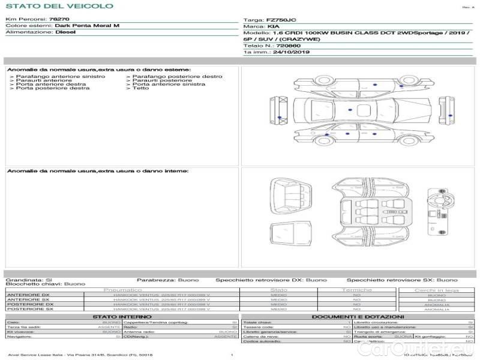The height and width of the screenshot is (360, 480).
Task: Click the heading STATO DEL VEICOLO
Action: pos(58,6)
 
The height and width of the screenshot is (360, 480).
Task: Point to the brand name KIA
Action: pos(273,27)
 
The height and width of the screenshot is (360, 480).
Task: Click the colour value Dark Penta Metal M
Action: pos(87,26)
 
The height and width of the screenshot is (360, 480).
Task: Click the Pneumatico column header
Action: pos(123,290)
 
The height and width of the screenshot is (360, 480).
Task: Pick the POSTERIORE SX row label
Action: pos(29,309)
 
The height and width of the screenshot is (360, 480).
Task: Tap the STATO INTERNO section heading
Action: pos(122,316)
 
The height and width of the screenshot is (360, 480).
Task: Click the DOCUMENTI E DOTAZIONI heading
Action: pos(358,316)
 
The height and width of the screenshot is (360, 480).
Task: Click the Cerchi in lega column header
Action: pos(436,290)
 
